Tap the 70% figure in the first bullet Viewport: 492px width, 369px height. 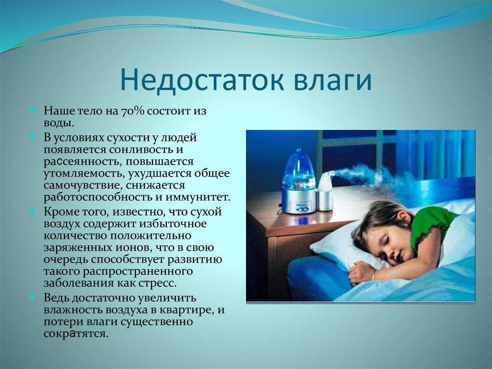(132, 111)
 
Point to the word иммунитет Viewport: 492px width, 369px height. (197, 197)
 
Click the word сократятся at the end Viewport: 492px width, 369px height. (76, 334)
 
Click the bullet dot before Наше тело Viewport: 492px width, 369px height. (32, 111)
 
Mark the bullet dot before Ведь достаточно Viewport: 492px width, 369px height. (32, 297)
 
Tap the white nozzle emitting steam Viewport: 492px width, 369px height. (326, 183)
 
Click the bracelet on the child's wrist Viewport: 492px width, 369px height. (373, 275)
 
